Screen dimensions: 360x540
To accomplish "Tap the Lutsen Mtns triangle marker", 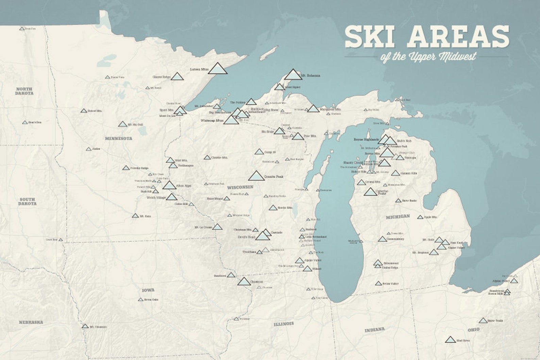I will click(x=217, y=68).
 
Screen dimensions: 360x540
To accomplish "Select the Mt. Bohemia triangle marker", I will click(x=293, y=74).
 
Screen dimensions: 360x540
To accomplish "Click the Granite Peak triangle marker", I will click(x=256, y=176).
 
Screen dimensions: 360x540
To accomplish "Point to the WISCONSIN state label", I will click(x=240, y=187).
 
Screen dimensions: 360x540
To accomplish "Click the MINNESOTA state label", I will click(x=118, y=138).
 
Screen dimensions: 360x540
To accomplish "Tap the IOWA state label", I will click(x=148, y=290).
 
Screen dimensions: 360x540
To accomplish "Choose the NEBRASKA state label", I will click(x=31, y=322).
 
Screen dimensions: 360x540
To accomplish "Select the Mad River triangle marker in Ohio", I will click(x=450, y=340).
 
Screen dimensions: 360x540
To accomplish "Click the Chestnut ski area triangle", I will click(x=244, y=281).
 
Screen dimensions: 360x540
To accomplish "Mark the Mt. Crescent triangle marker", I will click(x=85, y=326).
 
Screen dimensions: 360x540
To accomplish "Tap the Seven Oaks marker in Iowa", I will click(x=140, y=299).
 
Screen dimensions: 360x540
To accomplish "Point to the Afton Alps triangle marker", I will click(x=169, y=185).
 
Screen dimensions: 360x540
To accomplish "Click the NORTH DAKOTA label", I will click(x=24, y=91).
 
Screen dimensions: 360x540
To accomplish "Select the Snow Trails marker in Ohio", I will click(x=483, y=321).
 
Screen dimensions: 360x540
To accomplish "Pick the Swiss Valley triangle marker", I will click(x=378, y=283).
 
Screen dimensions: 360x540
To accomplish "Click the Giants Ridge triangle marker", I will click(x=177, y=76).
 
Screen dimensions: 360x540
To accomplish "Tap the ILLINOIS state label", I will click(x=284, y=324).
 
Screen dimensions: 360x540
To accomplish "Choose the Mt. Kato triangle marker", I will click(x=135, y=216).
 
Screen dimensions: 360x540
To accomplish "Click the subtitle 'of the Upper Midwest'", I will click(x=428, y=56).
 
